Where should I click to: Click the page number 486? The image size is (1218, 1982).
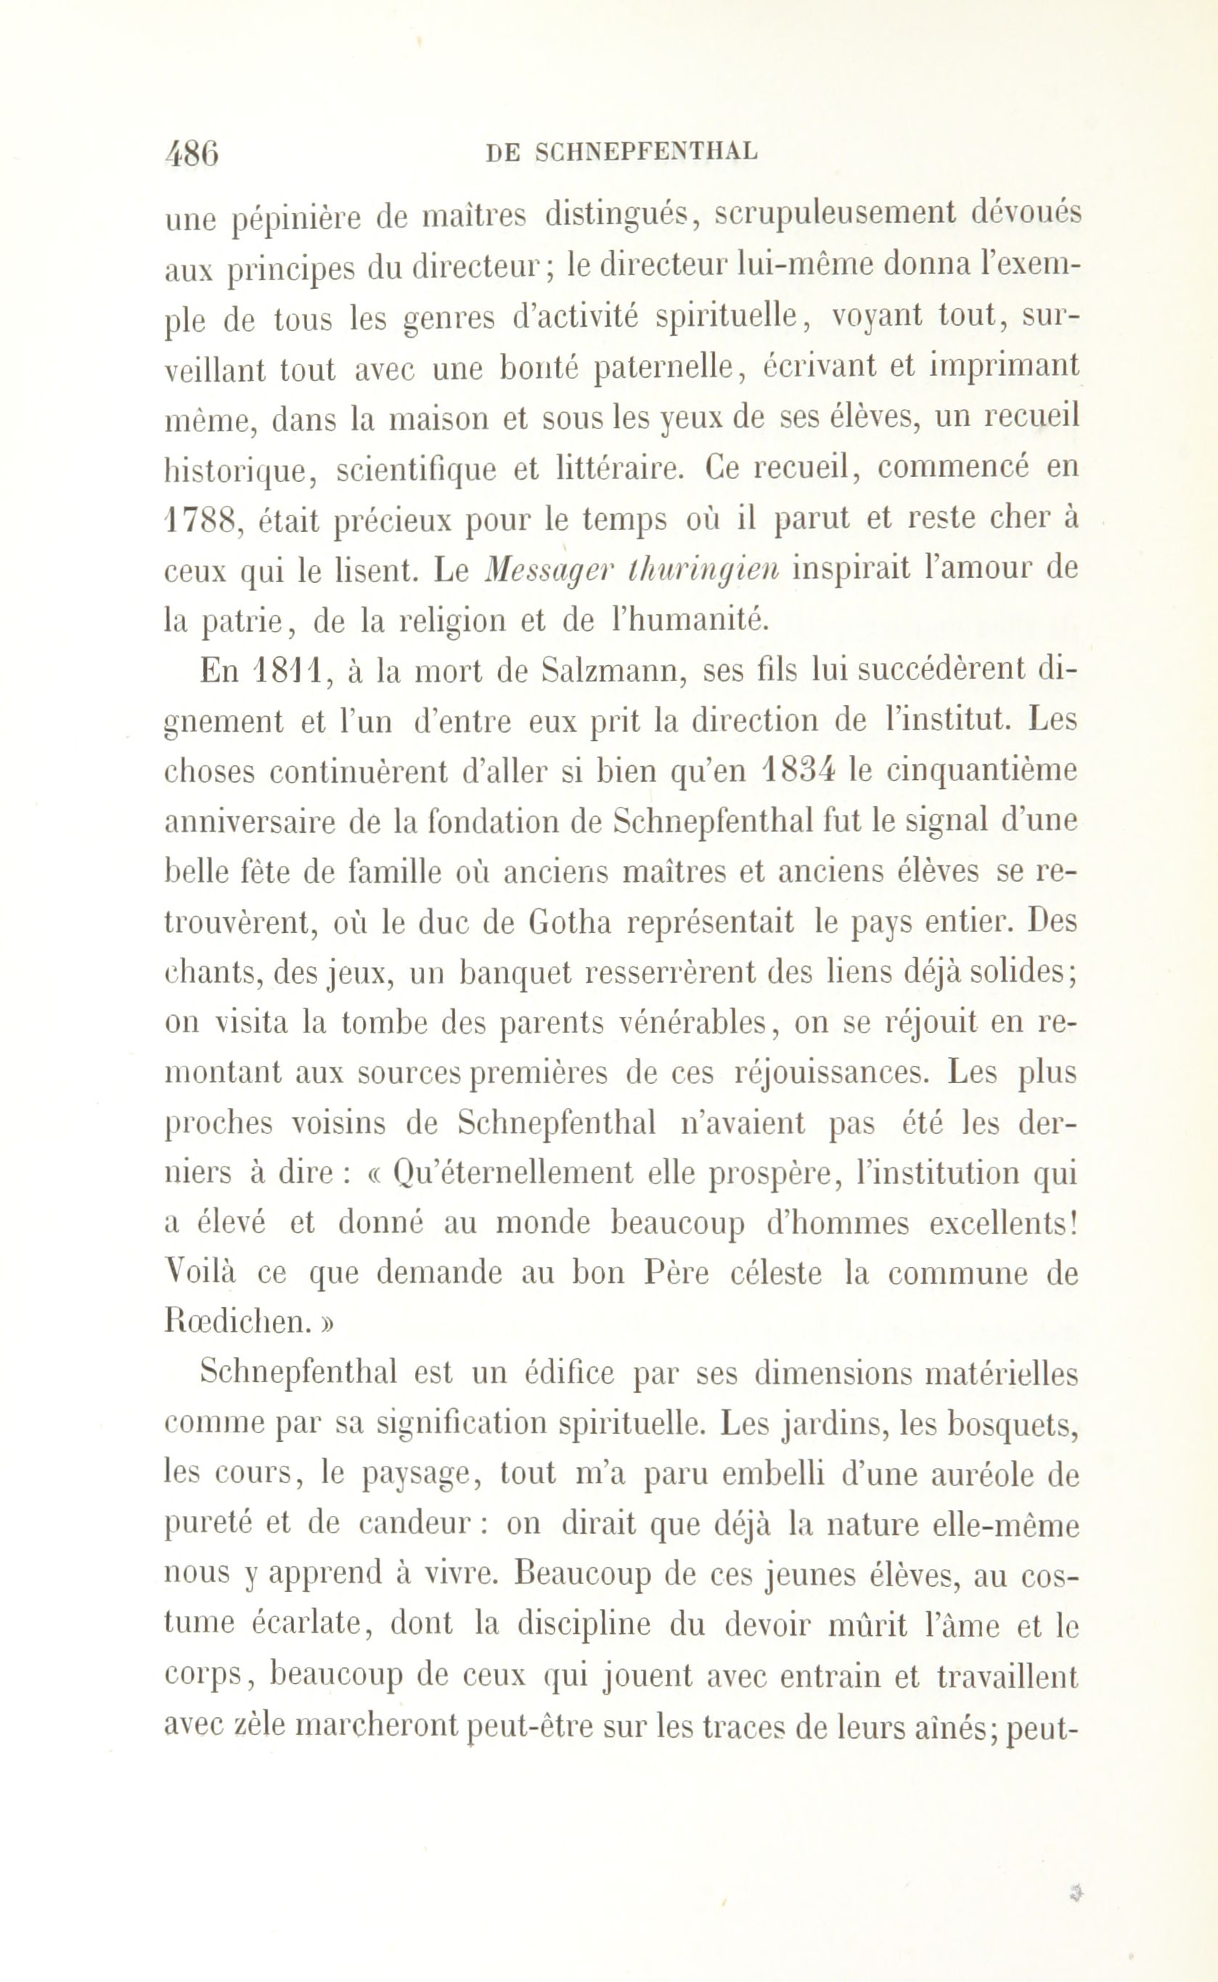point(191,152)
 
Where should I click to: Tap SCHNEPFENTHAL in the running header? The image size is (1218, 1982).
point(646,152)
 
